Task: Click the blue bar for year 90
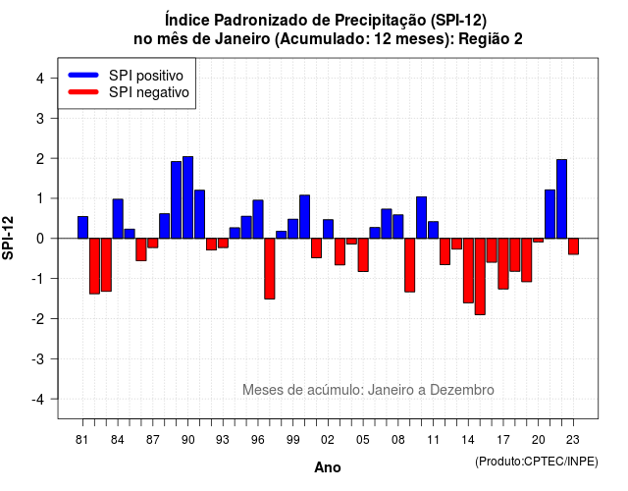click(187, 197)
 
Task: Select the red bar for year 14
click(468, 271)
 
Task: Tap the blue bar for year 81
click(82, 227)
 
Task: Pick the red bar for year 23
click(573, 246)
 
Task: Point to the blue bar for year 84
click(118, 219)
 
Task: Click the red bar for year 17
click(503, 264)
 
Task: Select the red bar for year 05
click(363, 255)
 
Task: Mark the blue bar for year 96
click(258, 219)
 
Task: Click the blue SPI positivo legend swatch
click(83, 75)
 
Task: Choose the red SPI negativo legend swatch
click(83, 91)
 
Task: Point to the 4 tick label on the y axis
click(40, 79)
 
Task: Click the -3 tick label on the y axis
click(38, 358)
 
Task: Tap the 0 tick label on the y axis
click(40, 239)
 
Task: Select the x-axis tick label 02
click(328, 440)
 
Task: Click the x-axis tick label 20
click(539, 440)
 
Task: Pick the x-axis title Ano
click(328, 467)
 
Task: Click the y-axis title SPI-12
click(8, 238)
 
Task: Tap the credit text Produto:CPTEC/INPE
click(537, 462)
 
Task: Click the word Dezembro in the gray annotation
click(462, 390)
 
